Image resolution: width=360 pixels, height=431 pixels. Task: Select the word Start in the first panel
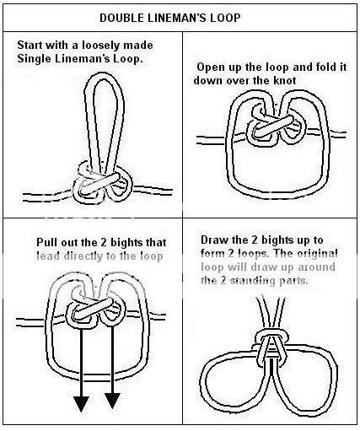30,45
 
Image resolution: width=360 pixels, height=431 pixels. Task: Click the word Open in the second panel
207,67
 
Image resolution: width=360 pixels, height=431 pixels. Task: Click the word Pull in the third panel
46,242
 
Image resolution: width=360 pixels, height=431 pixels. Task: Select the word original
317,254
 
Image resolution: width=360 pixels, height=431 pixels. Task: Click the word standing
268,281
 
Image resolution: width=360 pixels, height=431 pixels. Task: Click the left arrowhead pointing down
81,404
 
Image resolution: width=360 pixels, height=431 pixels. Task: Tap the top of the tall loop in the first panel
104,75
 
